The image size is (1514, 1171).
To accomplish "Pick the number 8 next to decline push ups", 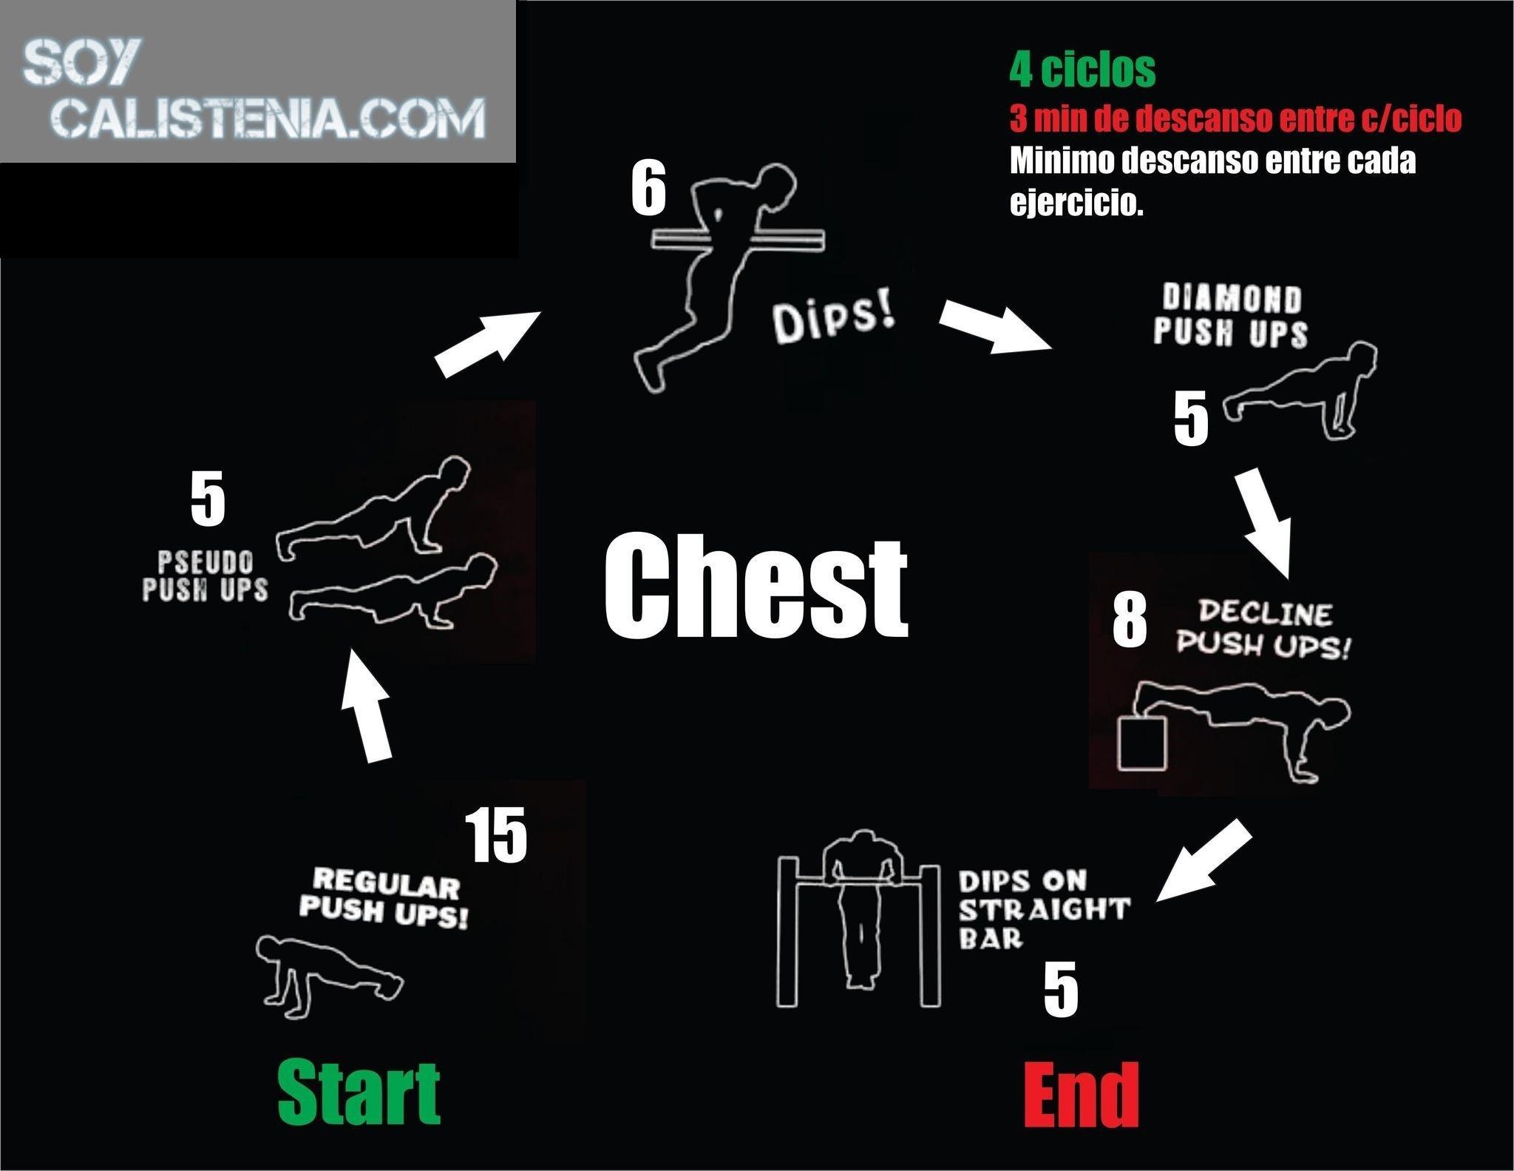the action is [x=1130, y=620].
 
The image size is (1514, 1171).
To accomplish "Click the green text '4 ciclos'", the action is [x=1082, y=70].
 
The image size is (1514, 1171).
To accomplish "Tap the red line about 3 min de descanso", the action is [x=1235, y=118].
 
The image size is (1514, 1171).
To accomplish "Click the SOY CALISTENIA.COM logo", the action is [x=255, y=89].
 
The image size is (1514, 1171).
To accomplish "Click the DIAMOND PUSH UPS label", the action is [x=1231, y=316].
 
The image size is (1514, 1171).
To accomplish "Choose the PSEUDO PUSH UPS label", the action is [x=205, y=577].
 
